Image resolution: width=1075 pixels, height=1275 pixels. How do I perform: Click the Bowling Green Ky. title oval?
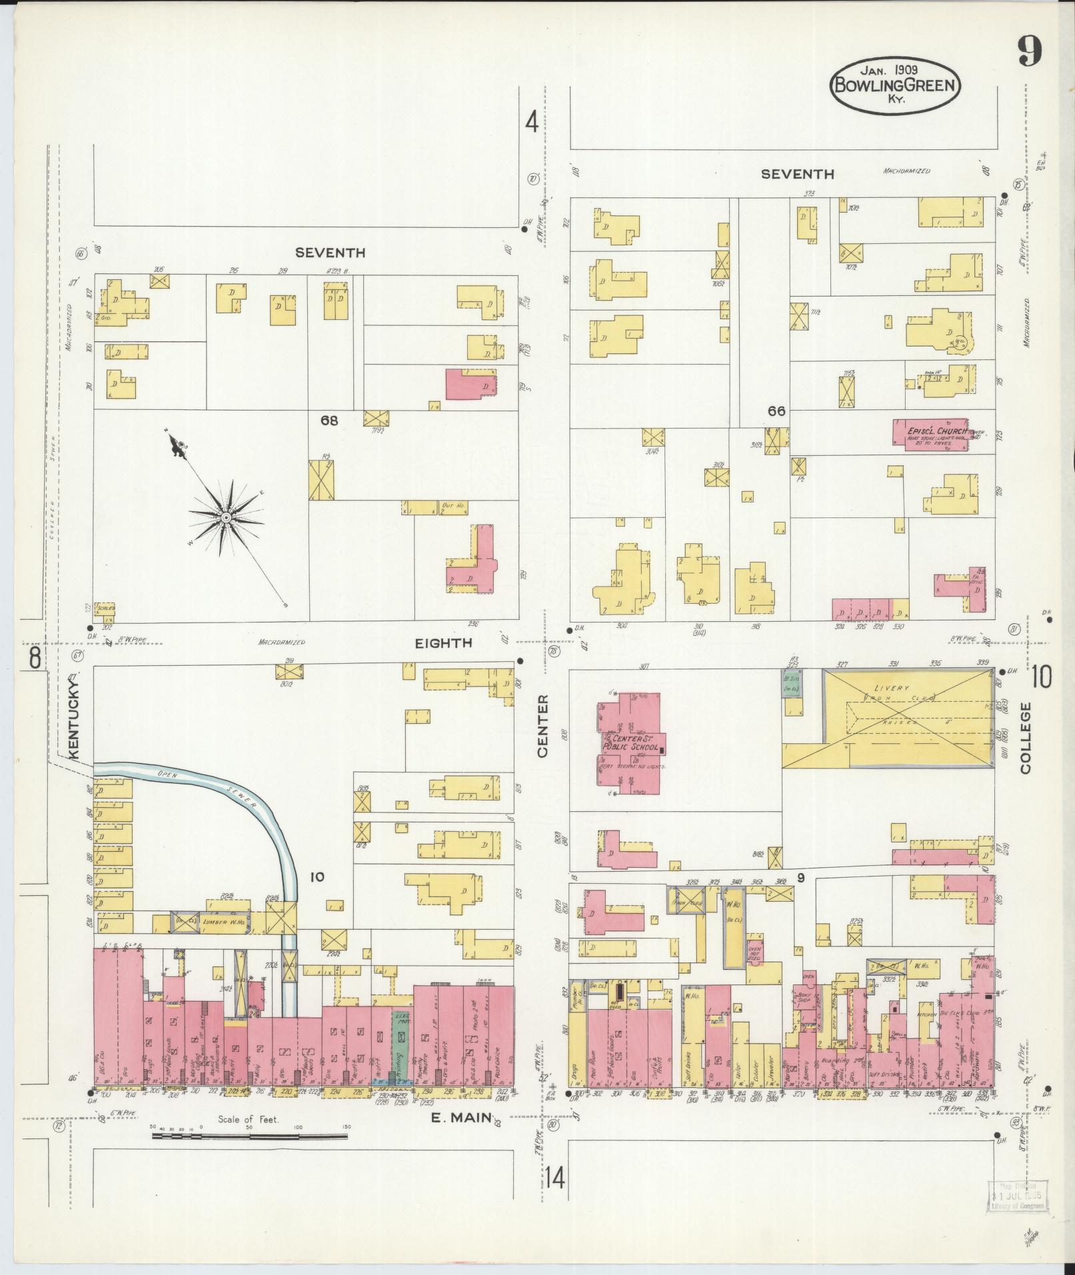[895, 86]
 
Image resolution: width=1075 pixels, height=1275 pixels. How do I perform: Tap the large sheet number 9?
[1029, 51]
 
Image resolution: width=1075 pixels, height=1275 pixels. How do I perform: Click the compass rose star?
[227, 517]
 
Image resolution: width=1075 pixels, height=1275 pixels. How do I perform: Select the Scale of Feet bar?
[249, 1135]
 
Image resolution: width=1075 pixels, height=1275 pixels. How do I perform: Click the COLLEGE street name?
[1025, 737]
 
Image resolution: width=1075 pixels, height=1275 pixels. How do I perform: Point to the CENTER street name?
[542, 725]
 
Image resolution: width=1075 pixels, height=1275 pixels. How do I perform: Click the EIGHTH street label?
[443, 642]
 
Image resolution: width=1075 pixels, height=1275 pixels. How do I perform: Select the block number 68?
[329, 421]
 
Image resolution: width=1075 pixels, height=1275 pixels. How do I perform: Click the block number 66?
[776, 411]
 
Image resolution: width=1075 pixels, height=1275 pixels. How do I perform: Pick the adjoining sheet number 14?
[554, 1178]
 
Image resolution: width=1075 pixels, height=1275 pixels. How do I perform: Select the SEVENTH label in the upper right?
[797, 174]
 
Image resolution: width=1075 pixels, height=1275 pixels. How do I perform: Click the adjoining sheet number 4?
[531, 122]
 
